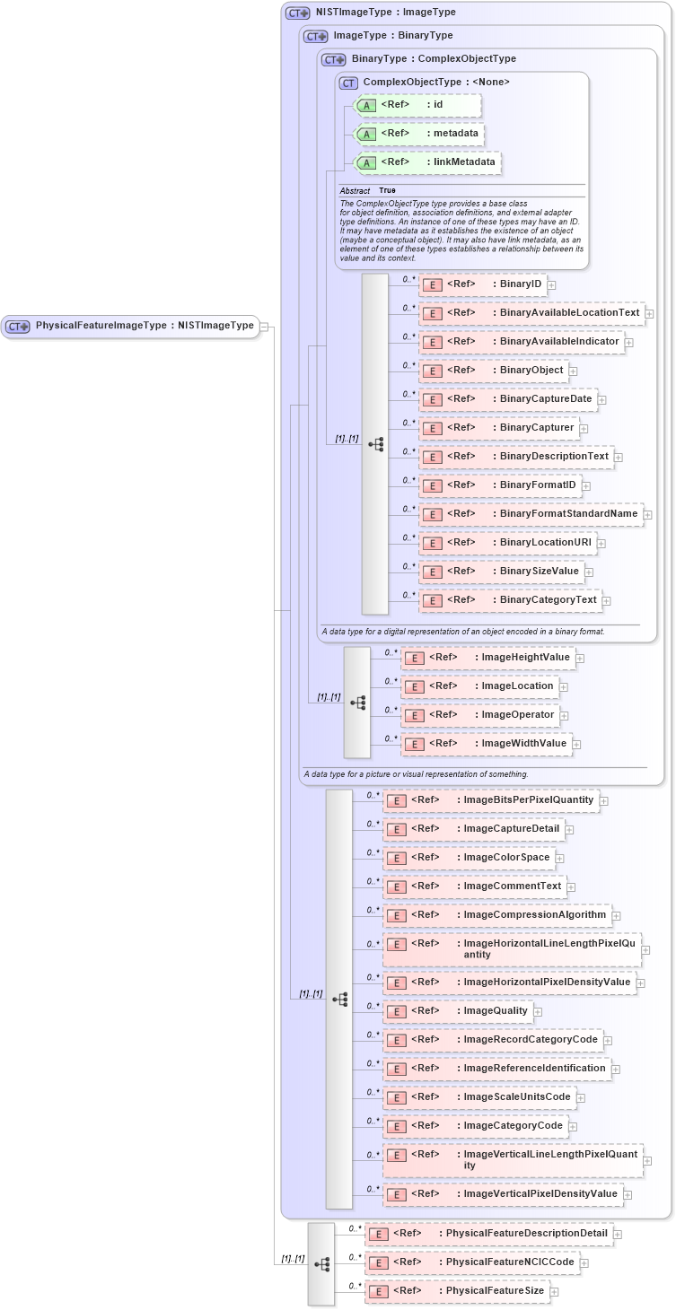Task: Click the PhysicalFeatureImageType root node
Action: click(130, 326)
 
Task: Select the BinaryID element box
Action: click(483, 284)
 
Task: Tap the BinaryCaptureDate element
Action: click(508, 399)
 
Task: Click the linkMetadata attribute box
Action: click(427, 162)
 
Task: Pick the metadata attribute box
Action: click(419, 134)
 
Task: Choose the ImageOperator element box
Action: click(479, 715)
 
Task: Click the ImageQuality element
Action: click(458, 1011)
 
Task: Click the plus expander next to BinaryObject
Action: click(573, 371)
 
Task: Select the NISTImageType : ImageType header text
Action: click(385, 13)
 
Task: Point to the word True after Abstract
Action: click(387, 191)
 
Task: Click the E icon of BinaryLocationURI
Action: click(433, 544)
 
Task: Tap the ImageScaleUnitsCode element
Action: click(479, 1097)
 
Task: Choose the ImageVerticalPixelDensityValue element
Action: click(503, 1194)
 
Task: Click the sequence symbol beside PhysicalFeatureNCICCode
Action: click(321, 1263)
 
